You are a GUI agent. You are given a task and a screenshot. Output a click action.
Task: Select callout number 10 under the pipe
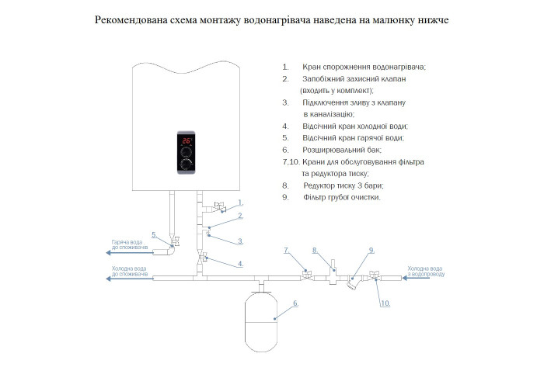pyautogui.click(x=385, y=303)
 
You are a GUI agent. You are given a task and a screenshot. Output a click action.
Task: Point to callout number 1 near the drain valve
pyautogui.click(x=229, y=202)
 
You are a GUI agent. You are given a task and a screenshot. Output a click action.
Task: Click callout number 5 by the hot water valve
pyautogui.click(x=154, y=234)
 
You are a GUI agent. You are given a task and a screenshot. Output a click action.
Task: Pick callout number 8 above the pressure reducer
pyautogui.click(x=315, y=250)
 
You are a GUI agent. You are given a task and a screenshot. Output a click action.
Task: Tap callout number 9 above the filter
pyautogui.click(x=371, y=250)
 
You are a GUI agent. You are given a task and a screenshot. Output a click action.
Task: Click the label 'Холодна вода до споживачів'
pyautogui.click(x=130, y=272)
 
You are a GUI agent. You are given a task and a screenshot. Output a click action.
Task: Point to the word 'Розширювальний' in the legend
pyautogui.click(x=329, y=149)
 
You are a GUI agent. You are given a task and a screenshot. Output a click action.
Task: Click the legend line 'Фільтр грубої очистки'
pyautogui.click(x=342, y=198)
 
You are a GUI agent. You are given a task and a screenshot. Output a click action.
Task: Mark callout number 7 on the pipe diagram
pyautogui.click(x=286, y=250)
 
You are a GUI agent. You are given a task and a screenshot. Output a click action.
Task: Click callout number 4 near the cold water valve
pyautogui.click(x=241, y=264)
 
